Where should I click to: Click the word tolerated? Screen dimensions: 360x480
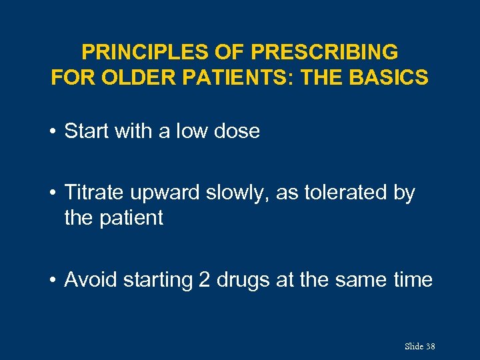[x=344, y=193]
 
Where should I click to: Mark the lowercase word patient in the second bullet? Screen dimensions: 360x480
[x=133, y=218]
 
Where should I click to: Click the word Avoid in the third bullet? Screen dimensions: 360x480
[x=89, y=279]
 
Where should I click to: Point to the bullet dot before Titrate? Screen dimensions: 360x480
[x=53, y=193]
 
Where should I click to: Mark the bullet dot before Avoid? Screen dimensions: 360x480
[x=53, y=280]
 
